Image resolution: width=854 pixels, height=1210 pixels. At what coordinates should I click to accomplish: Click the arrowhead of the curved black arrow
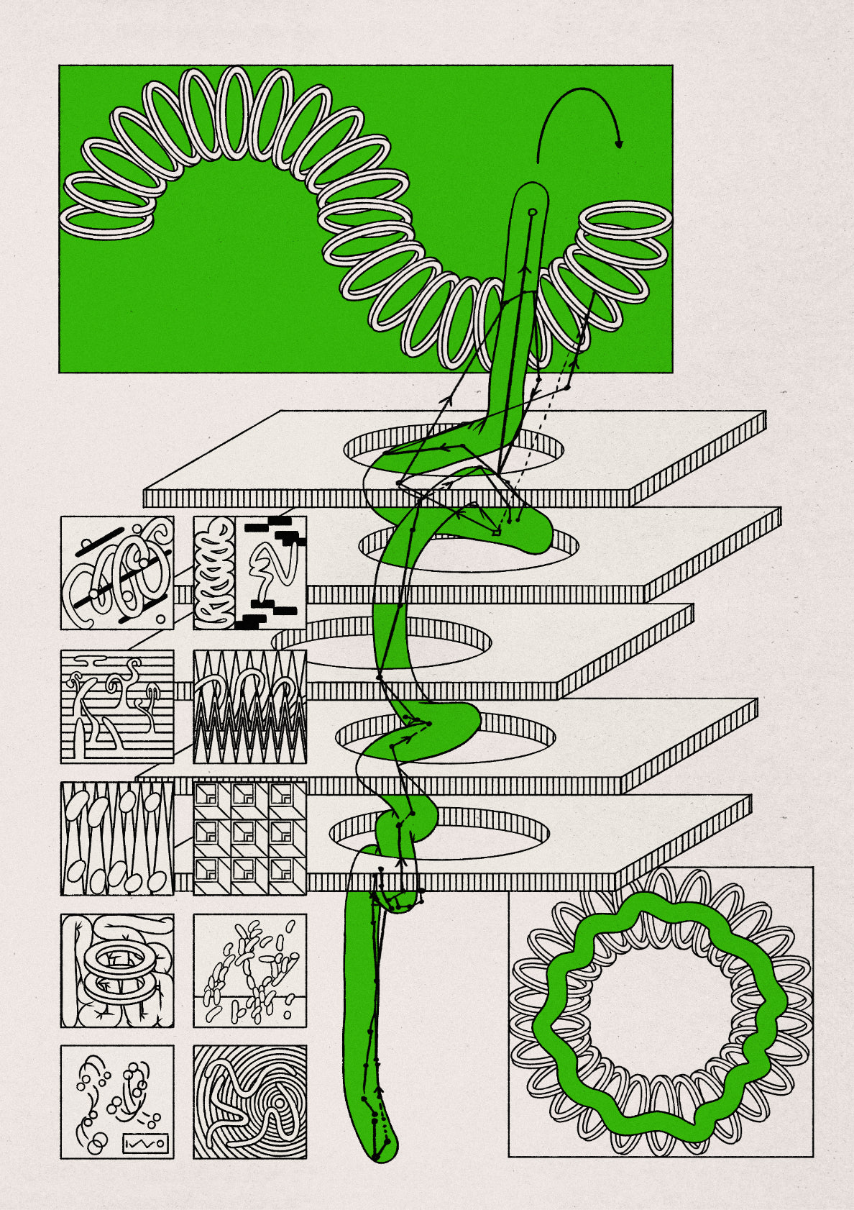619,143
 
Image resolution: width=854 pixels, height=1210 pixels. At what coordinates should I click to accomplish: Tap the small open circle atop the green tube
532,212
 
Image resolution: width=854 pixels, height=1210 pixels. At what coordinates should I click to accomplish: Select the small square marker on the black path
496,532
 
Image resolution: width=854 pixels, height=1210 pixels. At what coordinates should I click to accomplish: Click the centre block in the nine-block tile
249,838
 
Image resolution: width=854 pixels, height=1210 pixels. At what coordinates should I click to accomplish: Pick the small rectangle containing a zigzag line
147,1143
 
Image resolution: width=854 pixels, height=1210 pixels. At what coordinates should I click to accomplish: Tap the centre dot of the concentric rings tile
277,1104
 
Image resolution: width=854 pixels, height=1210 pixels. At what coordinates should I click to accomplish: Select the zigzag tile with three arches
249,706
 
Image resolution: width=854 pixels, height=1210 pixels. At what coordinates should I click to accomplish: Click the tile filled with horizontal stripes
117,706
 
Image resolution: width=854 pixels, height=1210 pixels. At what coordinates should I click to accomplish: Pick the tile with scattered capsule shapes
249,970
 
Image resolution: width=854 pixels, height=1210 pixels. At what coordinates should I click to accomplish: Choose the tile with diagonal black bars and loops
117,573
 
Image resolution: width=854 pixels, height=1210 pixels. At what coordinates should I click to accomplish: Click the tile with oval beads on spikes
117,838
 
